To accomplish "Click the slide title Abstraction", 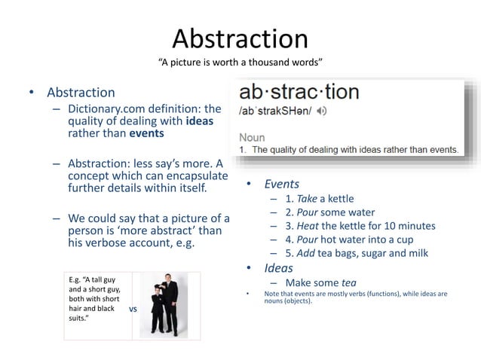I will click(240, 39).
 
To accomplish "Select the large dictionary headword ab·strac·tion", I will click(299, 93).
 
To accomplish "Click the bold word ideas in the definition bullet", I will click(199, 121).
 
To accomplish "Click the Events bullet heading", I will click(281, 184).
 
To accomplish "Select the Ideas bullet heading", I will click(278, 268).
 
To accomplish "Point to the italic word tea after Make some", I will click(349, 282).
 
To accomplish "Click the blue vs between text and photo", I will click(133, 308).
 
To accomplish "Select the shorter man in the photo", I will click(158, 310).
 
